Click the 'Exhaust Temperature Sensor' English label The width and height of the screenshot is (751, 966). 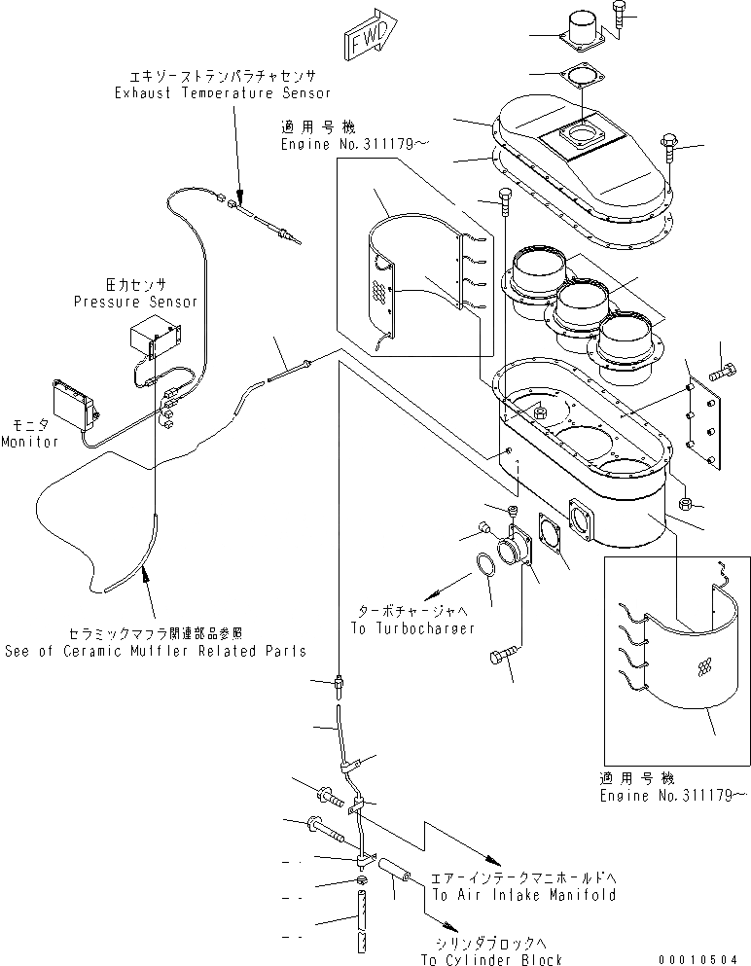tap(222, 93)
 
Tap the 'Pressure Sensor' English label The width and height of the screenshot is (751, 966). tap(135, 302)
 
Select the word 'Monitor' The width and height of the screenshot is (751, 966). tap(29, 442)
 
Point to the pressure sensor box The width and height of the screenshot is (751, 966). tap(156, 341)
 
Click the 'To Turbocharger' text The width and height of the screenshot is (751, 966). tap(412, 628)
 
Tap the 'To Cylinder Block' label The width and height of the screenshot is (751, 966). tap(491, 960)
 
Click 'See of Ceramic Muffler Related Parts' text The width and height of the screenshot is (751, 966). tap(155, 651)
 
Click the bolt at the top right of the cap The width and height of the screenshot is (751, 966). tap(621, 14)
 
